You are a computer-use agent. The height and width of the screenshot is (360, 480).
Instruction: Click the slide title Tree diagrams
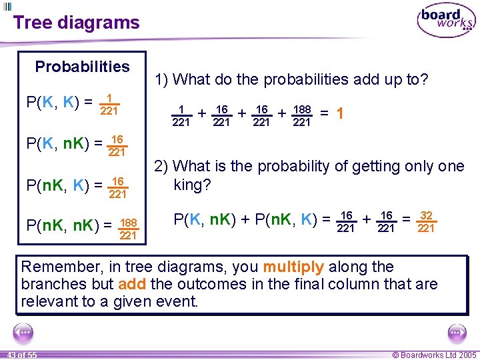click(76, 23)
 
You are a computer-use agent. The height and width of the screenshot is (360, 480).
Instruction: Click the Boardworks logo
click(446, 21)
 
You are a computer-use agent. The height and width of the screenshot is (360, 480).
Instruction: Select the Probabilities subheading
click(82, 67)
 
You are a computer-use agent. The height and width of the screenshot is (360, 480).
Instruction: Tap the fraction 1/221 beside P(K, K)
click(109, 104)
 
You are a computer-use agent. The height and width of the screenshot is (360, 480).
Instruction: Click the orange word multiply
click(293, 267)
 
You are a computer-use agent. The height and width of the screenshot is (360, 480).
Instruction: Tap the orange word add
click(132, 285)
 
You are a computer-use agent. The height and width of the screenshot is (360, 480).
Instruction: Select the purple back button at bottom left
click(23, 332)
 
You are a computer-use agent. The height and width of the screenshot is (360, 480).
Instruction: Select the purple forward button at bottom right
click(457, 332)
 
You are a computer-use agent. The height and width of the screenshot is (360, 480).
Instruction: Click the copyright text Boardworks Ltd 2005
click(434, 355)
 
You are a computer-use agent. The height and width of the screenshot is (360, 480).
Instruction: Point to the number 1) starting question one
click(161, 79)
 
